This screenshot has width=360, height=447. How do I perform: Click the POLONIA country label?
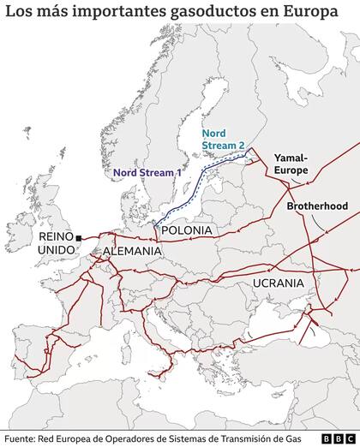coord(185,231)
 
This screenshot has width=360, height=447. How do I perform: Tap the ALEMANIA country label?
coord(131,251)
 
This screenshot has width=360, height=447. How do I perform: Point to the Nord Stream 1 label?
coord(148,171)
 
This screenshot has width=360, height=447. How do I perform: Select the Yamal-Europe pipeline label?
coord(296,164)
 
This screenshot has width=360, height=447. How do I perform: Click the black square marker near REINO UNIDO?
coord(77,237)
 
